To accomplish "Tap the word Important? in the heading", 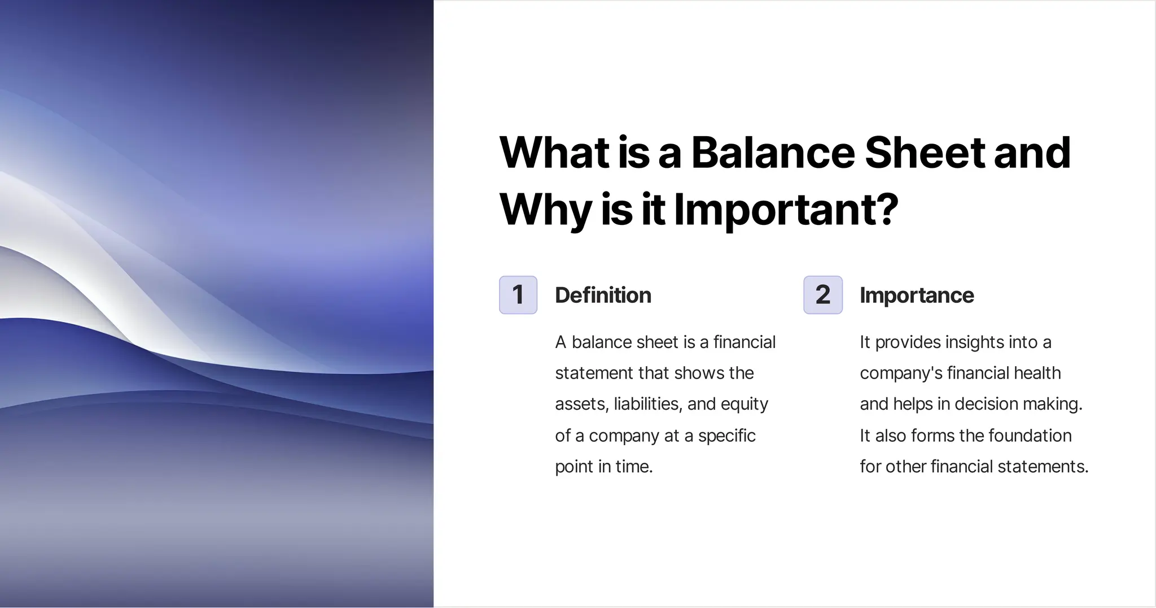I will pyautogui.click(x=786, y=210).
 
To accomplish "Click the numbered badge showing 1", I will pyautogui.click(x=518, y=295).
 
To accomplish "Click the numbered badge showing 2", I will pyautogui.click(x=823, y=295).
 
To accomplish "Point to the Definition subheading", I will pyautogui.click(x=603, y=296).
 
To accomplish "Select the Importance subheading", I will pyautogui.click(x=917, y=296).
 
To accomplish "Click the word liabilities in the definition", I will pyautogui.click(x=647, y=404).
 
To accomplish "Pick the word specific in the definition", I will pyautogui.click(x=726, y=436).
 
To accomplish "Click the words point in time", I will pyautogui.click(x=603, y=467).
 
